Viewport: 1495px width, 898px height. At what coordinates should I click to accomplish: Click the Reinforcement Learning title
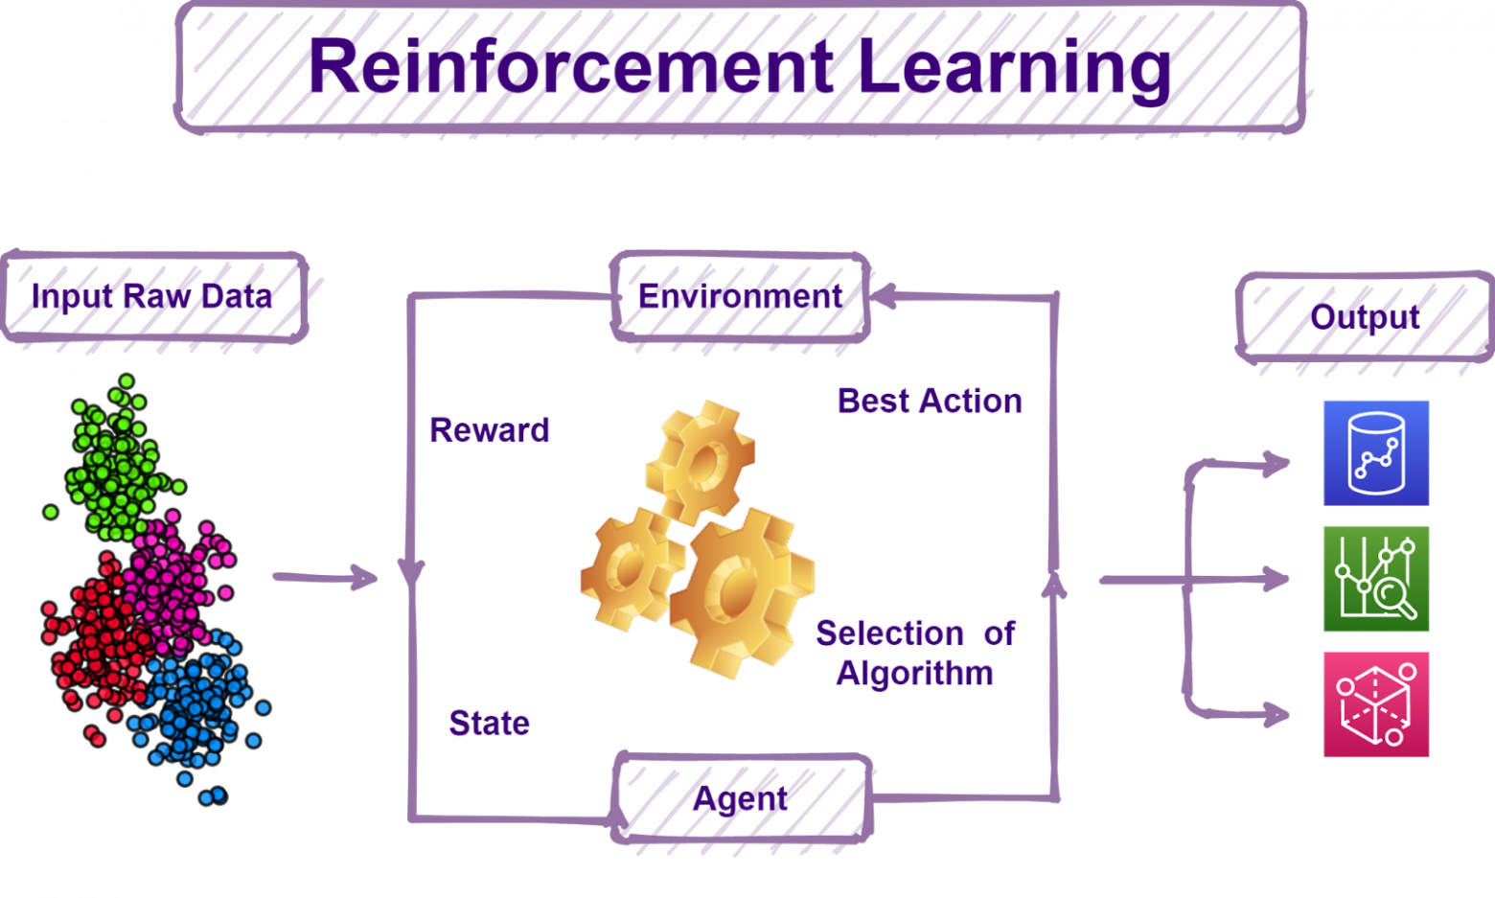coord(740,67)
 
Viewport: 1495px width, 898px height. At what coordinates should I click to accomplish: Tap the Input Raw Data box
coord(153,296)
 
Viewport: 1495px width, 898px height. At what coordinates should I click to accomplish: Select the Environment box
coord(740,297)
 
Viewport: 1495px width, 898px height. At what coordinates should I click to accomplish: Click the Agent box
coord(742,798)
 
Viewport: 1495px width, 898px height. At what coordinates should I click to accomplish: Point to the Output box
coord(1365,316)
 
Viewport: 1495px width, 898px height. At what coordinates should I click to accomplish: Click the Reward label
coord(489,430)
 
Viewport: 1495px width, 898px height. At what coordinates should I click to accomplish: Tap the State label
coord(489,723)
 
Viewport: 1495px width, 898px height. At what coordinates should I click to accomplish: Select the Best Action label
coord(930,401)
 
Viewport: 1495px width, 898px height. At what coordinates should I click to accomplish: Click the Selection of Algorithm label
coord(915,653)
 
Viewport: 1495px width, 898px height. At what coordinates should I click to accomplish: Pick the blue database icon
coord(1375,452)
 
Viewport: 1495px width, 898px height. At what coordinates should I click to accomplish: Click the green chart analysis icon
coord(1375,578)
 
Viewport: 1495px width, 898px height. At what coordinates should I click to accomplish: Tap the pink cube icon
coord(1375,704)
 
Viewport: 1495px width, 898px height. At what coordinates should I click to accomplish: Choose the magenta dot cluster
coord(177,575)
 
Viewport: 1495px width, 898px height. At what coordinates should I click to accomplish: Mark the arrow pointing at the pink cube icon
coord(1275,714)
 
